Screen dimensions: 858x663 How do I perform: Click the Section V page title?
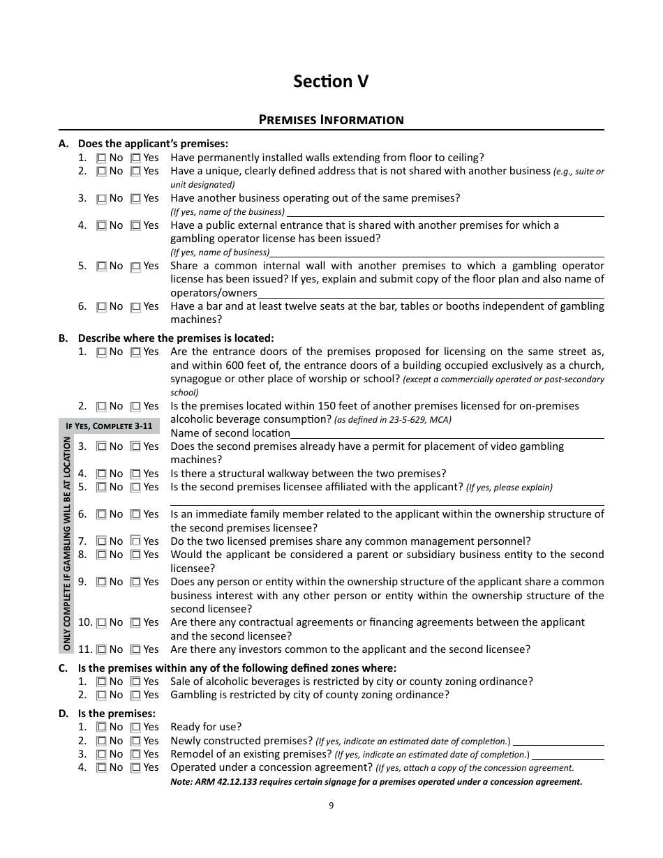pos(331,82)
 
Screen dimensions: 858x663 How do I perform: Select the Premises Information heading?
pos(331,119)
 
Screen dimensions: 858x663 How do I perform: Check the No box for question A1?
pos(101,158)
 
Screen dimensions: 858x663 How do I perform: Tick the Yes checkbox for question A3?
pos(136,199)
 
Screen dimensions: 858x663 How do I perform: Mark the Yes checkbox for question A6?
pos(136,307)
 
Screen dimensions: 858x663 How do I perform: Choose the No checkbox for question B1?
pos(101,352)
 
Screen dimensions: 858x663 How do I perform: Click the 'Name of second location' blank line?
pos(447,434)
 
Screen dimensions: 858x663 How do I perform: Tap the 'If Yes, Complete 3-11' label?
pos(108,426)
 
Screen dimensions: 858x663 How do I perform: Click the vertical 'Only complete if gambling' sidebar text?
pos(67,543)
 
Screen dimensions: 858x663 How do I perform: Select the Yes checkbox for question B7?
pos(136,541)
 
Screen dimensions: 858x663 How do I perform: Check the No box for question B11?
pos(101,649)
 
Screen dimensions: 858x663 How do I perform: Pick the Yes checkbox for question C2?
pos(136,695)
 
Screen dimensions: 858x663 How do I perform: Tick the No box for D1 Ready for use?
pos(101,728)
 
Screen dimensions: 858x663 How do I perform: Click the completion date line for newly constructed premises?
pos(558,742)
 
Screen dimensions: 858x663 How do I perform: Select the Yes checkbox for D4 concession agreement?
pos(136,768)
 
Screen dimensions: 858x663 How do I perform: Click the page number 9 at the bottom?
pos(331,806)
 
